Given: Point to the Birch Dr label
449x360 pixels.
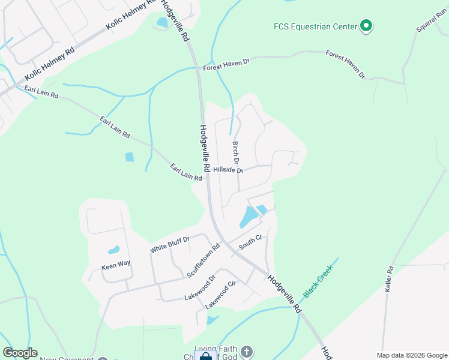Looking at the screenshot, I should (236, 154).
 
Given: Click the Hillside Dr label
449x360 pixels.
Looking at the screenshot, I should (228, 170).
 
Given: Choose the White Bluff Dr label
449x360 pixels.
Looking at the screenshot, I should (170, 244).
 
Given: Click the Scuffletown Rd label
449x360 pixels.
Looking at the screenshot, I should (204, 260).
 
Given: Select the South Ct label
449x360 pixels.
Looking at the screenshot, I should (251, 242).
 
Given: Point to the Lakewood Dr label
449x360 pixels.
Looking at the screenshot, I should (200, 288).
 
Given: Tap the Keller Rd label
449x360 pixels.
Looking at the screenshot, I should (390, 278).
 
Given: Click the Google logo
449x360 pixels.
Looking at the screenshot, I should (20, 353).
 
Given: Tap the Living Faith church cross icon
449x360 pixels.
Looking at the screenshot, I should (247, 350).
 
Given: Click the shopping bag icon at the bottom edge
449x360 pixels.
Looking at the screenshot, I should (205, 356).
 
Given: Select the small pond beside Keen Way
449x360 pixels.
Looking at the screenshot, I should (113, 250).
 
